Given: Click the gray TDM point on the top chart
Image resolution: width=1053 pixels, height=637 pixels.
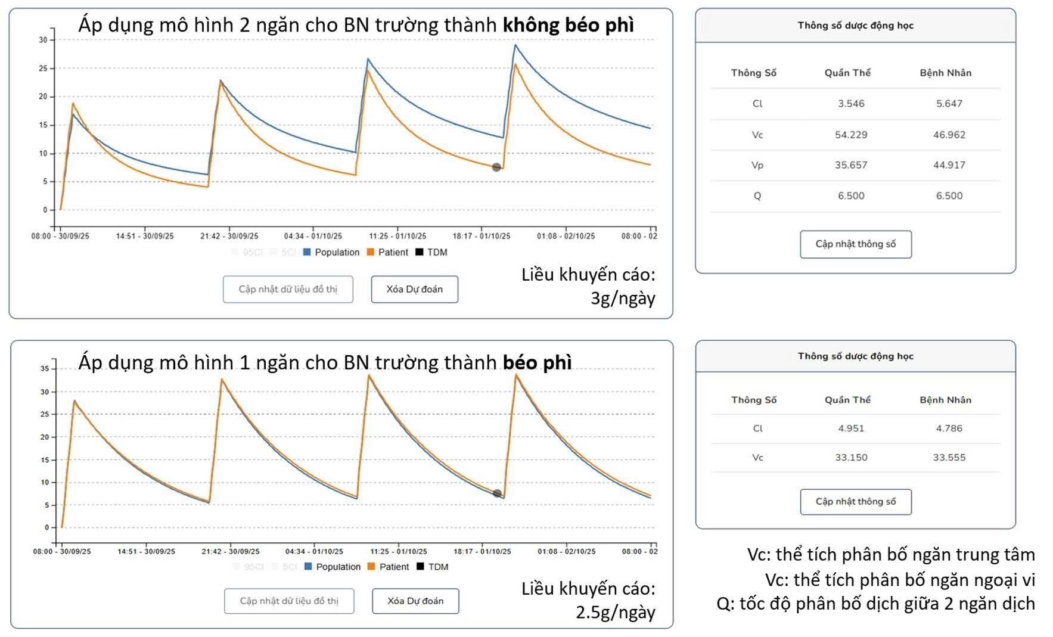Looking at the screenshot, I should tap(496, 167).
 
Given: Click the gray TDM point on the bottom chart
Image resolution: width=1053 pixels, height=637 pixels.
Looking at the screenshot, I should tap(498, 493).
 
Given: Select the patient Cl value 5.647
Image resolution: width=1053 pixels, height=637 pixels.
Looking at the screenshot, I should tap(949, 104).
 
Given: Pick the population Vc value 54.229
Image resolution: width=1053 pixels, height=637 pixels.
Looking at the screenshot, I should tap(851, 135).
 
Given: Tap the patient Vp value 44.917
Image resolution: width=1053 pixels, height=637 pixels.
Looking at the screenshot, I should tap(949, 165).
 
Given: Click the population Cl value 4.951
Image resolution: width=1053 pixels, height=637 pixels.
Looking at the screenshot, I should tap(851, 428).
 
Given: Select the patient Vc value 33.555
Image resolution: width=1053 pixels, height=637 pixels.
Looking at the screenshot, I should tap(949, 458).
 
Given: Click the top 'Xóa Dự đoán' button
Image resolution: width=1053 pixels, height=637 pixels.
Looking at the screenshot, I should tap(414, 290).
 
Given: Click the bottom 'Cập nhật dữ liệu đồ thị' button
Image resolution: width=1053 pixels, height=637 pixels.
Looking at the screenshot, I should tap(289, 601).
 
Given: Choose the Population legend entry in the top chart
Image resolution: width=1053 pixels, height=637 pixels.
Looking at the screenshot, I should tap(331, 253).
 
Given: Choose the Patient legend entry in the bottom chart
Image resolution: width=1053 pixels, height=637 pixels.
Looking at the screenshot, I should tap(389, 567).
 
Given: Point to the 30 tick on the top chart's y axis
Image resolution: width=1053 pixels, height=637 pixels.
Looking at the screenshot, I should tap(43, 40).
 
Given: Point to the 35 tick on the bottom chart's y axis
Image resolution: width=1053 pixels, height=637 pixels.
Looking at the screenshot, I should tap(45, 369).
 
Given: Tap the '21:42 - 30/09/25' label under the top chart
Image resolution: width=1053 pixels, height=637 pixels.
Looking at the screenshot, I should tap(229, 236).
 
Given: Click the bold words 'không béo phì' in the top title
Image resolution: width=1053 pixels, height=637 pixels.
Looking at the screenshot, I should tap(568, 25).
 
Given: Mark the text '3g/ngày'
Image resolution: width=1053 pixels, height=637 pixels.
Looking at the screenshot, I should tap(623, 298).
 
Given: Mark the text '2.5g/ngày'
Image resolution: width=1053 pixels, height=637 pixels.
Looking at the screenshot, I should tap(615, 612).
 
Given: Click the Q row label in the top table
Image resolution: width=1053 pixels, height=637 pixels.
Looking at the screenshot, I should tap(757, 196).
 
